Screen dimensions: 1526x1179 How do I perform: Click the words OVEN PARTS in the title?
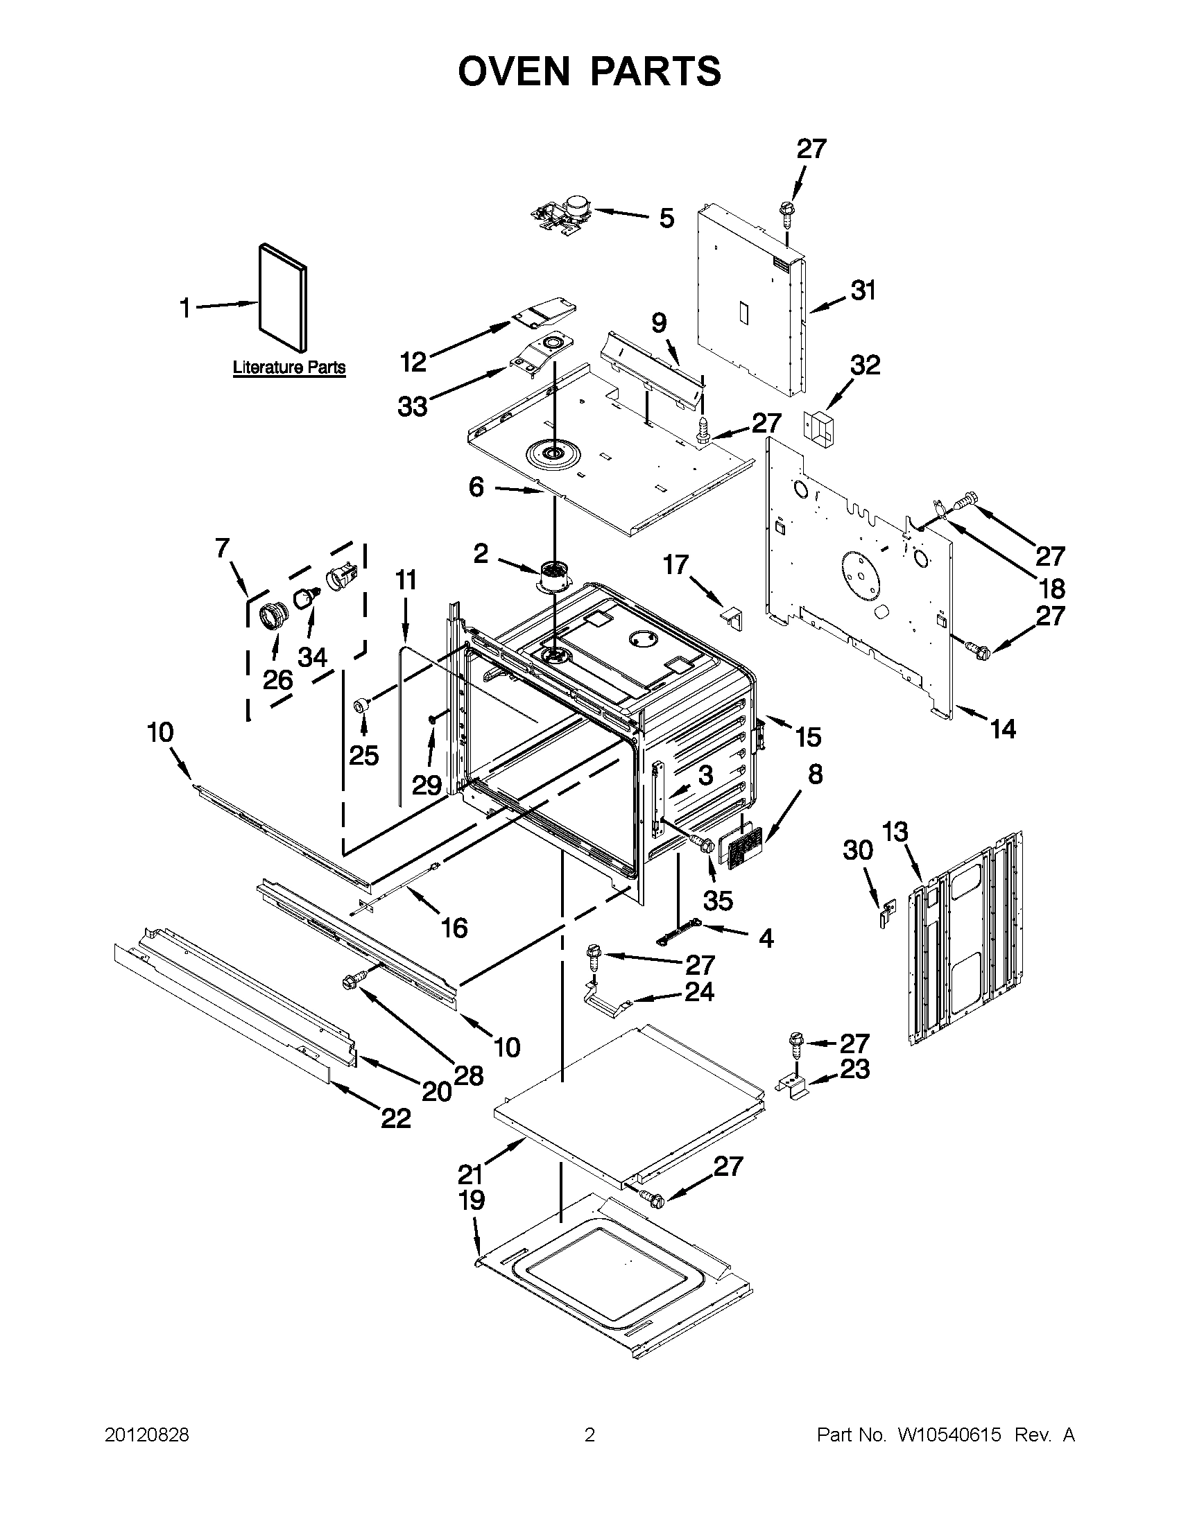(589, 71)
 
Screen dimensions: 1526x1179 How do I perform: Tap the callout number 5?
(666, 218)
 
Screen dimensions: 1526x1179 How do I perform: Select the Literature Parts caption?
(289, 367)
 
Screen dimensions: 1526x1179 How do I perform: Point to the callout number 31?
(863, 291)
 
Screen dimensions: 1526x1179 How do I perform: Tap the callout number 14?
(1003, 729)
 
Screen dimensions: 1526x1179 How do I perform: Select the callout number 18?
(1052, 589)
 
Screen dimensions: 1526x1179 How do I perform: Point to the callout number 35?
(718, 901)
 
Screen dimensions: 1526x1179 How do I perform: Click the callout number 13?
(895, 832)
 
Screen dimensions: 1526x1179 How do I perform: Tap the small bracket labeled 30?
(887, 914)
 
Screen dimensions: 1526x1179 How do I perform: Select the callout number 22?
(395, 1118)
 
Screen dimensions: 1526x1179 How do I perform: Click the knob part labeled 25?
(362, 703)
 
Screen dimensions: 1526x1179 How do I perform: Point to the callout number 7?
(222, 549)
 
